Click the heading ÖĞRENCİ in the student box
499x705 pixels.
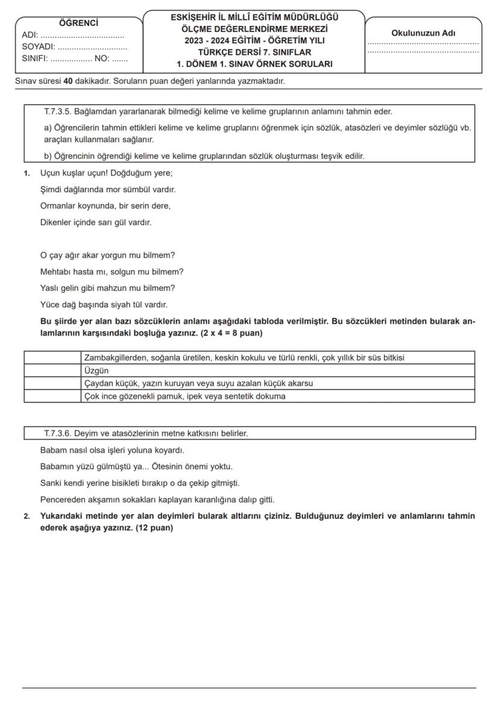tap(78, 23)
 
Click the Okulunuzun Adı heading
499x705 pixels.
tap(423, 33)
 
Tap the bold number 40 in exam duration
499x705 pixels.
tap(67, 81)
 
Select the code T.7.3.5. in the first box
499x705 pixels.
tap(58, 111)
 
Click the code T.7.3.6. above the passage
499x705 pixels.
tap(58, 433)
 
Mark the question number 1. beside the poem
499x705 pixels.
tap(27, 173)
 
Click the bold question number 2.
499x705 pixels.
tap(27, 517)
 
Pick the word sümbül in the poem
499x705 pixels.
tap(140, 190)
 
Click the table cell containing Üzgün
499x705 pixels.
tap(96, 370)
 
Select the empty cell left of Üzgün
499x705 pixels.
tap(52, 370)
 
